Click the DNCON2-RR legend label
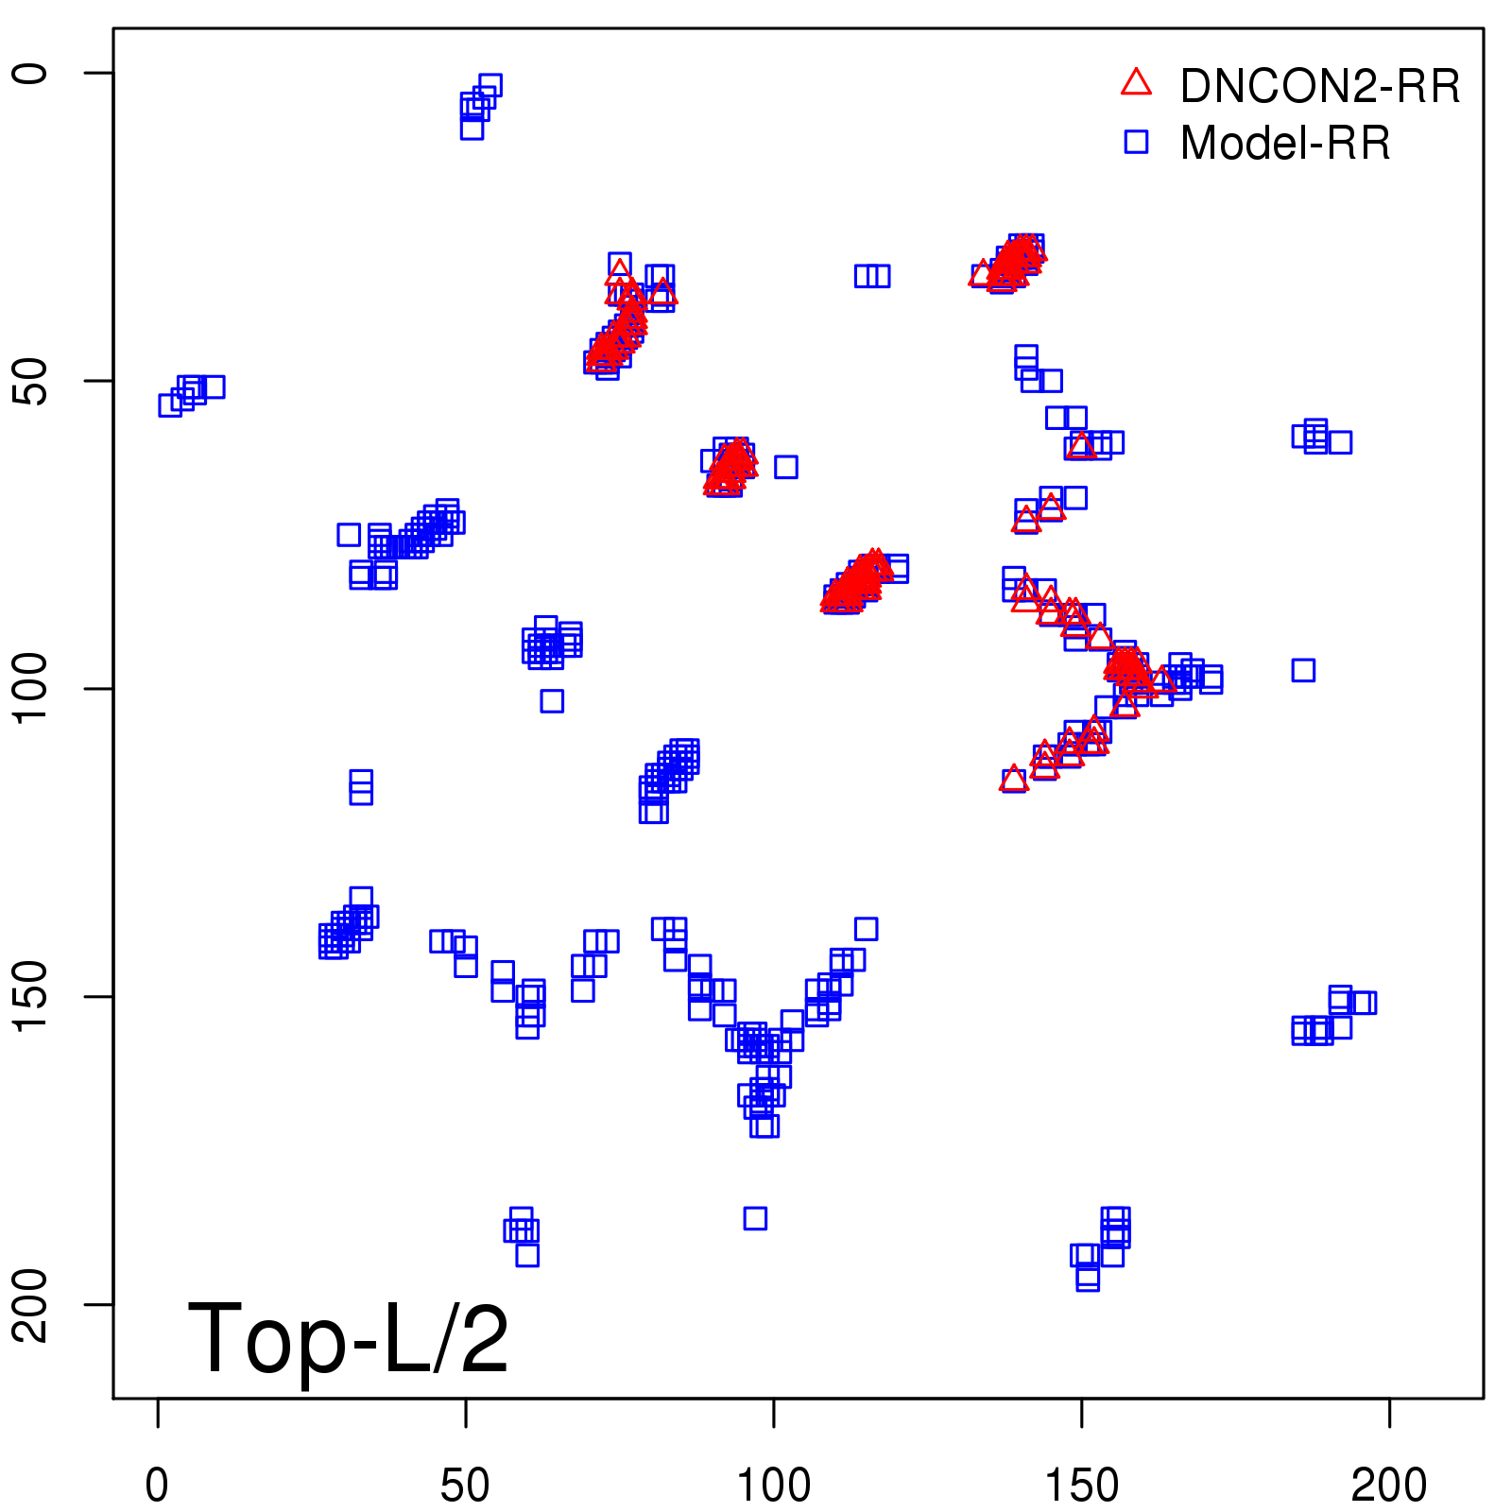1319,87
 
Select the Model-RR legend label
1285,144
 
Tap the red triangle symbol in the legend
1136,83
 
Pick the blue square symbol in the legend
1136,142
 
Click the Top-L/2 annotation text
348,1338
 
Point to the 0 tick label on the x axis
158,1486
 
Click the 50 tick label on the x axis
465,1486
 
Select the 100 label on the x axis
773,1486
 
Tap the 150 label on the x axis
1081,1486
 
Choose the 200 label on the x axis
1389,1486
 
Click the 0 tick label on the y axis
32,73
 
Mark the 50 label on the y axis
32,381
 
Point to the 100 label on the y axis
32,689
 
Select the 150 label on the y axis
32,997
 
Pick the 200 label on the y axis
32,1305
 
